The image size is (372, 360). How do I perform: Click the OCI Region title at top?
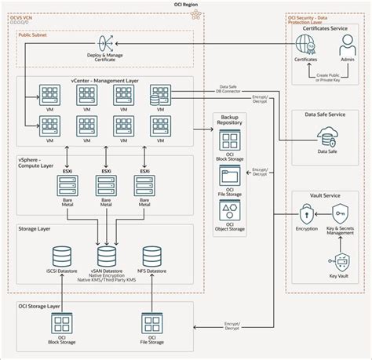coord(186,5)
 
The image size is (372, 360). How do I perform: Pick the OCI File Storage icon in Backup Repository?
coord(231,179)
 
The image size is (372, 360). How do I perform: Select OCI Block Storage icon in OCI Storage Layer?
coord(61,323)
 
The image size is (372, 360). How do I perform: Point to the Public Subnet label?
coord(35,35)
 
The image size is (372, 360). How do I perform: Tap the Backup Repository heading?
coord(231,122)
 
